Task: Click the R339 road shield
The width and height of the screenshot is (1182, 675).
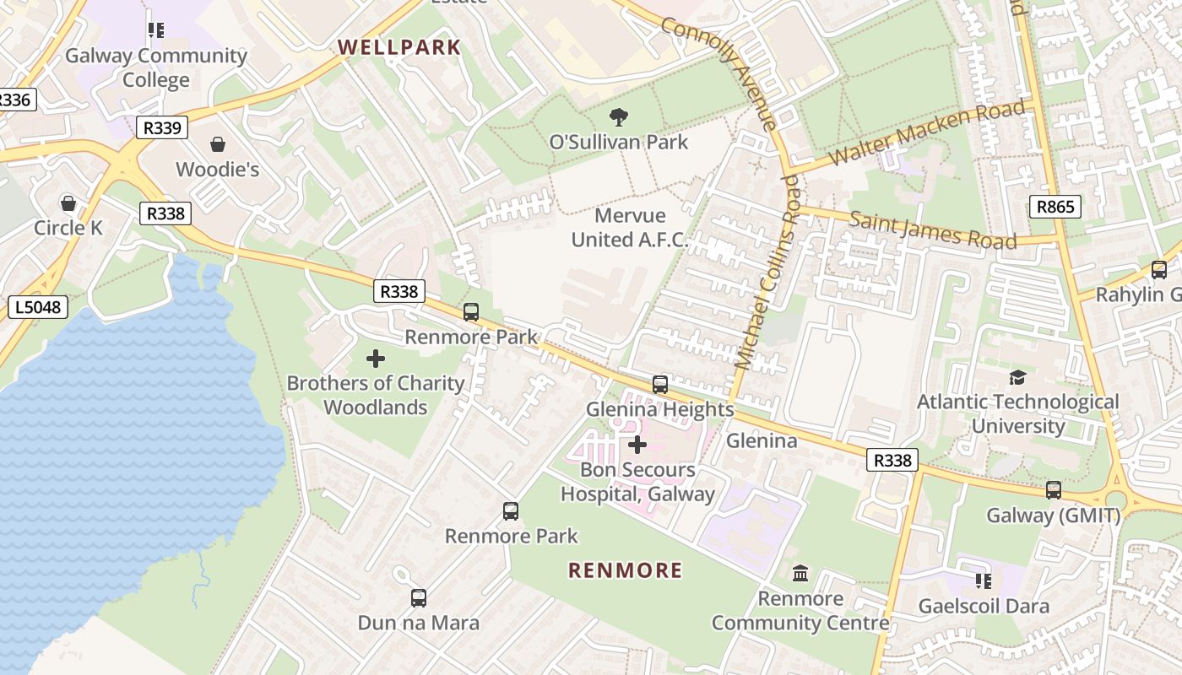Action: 161,128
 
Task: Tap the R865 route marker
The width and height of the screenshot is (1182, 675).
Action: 1055,206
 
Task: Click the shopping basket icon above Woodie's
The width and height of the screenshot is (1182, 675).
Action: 218,145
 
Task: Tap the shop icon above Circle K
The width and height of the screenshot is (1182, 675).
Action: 68,203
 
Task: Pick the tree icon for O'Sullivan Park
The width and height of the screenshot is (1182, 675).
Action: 619,117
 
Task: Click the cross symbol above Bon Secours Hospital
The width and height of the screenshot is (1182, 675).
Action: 637,445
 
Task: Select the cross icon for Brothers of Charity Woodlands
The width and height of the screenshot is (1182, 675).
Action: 376,359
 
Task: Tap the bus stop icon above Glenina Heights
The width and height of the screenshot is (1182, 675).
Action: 660,385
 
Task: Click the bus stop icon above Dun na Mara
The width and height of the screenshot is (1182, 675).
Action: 419,598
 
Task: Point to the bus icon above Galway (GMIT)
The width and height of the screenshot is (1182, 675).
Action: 1054,490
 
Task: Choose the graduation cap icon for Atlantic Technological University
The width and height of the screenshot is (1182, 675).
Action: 1017,377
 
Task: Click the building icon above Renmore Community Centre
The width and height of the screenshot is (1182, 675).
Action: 800,575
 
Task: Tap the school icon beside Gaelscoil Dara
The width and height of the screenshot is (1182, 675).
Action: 984,581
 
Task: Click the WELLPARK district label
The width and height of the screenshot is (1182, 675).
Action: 400,47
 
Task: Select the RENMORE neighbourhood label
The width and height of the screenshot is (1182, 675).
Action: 626,570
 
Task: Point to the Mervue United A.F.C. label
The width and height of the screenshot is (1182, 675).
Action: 630,228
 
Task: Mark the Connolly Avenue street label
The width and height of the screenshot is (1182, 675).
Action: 720,73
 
